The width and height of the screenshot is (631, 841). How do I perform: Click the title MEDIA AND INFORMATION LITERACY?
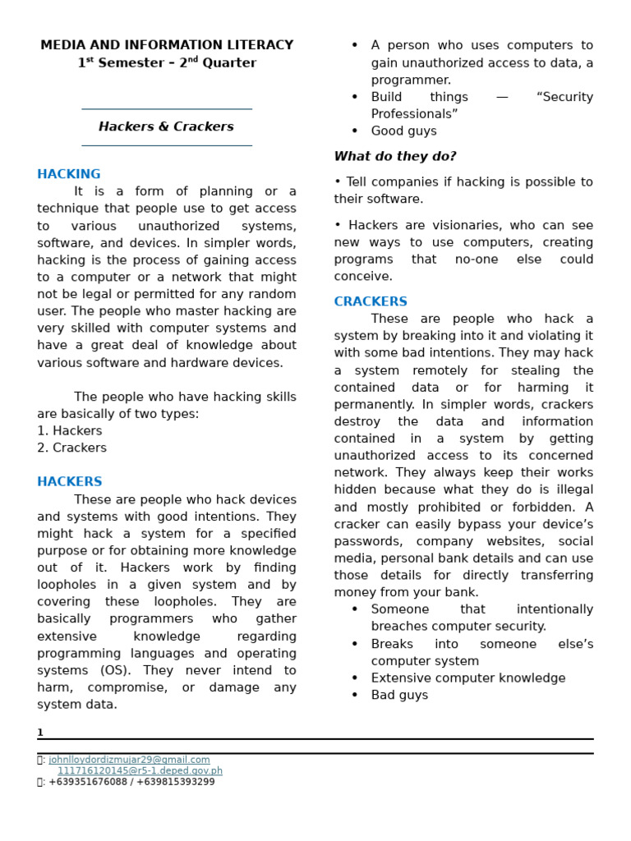pos(167,45)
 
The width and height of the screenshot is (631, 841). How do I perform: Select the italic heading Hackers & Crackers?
pos(166,126)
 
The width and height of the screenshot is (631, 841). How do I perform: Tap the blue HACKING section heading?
pos(69,174)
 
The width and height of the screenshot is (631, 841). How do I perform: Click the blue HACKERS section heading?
pos(70,482)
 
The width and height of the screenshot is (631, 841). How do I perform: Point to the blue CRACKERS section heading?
pos(371,301)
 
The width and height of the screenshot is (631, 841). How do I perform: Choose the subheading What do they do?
pos(395,156)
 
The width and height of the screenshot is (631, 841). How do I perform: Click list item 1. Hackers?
pos(70,431)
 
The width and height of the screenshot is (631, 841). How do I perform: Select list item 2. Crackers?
pos(71,448)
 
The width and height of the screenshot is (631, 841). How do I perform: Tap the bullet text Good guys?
pos(403,131)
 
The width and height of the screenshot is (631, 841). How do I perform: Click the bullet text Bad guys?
pos(399,696)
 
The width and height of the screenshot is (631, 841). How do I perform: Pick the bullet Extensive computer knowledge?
pos(468,678)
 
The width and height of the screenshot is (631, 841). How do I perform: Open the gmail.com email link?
pos(129,760)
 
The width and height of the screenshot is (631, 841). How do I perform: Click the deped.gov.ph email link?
pos(140,771)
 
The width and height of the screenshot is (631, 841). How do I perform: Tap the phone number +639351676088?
pos(88,782)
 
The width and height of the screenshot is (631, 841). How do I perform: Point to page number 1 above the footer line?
pos(40,733)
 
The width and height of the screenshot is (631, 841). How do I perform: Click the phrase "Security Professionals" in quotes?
pos(481,106)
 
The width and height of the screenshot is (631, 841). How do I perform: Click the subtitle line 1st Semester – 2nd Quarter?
pos(167,63)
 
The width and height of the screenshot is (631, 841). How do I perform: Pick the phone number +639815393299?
pos(177,782)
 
